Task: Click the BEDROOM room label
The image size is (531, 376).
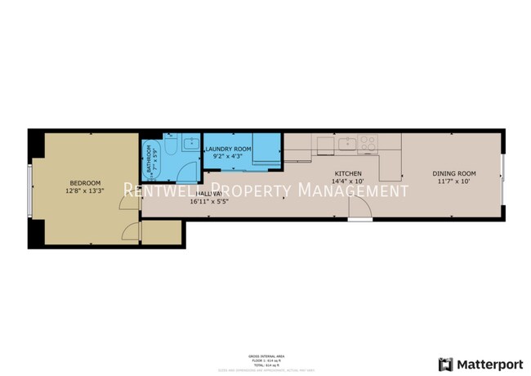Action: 85,182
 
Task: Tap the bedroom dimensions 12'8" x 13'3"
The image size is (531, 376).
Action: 85,191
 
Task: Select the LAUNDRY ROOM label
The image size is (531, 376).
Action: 228,148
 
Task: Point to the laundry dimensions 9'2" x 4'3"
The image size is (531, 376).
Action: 228,156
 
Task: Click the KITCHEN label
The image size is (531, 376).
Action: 348,173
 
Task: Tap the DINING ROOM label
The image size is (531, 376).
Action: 453,173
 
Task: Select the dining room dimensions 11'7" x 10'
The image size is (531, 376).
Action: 453,181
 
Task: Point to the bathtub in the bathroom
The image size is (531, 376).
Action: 150,159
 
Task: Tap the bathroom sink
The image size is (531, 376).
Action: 190,145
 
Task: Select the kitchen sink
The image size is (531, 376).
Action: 346,144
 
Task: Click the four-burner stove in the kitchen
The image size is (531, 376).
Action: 368,144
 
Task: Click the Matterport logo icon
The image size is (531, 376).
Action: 445,363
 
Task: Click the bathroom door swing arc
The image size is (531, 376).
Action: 188,172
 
